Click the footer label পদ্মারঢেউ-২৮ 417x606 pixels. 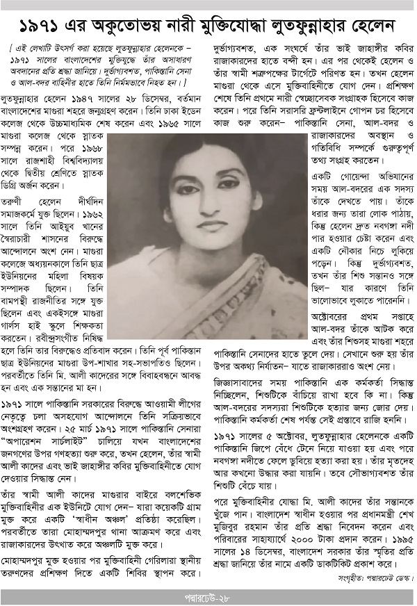point(208,596)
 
